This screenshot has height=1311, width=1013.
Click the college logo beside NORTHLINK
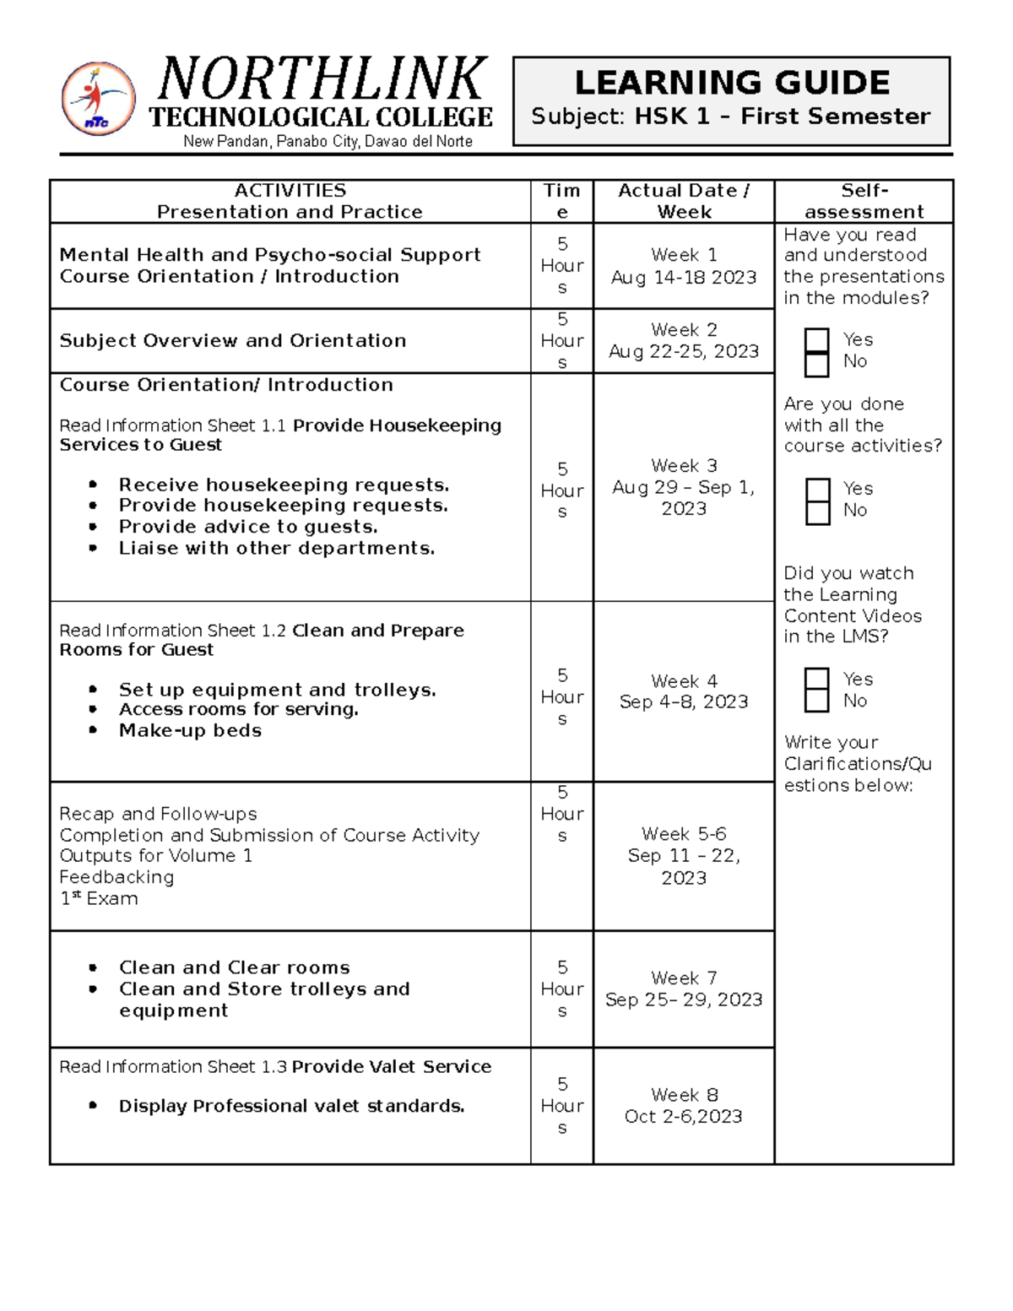click(98, 99)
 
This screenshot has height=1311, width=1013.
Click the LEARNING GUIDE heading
click(731, 83)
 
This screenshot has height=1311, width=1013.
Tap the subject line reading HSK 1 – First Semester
click(731, 116)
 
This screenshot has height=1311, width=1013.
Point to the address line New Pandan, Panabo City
click(328, 142)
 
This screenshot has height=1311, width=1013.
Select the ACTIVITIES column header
click(290, 201)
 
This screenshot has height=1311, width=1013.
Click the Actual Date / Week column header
click(683, 201)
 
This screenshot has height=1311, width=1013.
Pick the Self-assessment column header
click(864, 201)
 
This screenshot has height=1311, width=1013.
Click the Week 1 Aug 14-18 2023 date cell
click(683, 266)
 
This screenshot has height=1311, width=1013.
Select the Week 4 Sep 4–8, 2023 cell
click(683, 691)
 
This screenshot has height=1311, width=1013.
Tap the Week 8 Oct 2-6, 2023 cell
click(683, 1106)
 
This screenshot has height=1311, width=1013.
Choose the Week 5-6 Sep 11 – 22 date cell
click(683, 856)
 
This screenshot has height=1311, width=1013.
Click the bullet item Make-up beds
click(190, 731)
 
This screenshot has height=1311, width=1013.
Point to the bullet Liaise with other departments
click(276, 549)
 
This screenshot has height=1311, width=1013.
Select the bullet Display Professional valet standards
click(291, 1107)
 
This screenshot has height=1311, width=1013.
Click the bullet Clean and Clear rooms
click(234, 967)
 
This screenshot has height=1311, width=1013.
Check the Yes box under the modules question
click(816, 340)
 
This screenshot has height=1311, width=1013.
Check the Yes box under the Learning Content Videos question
click(816, 680)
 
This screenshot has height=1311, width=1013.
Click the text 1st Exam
click(99, 899)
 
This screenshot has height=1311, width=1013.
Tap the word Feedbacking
click(116, 877)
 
